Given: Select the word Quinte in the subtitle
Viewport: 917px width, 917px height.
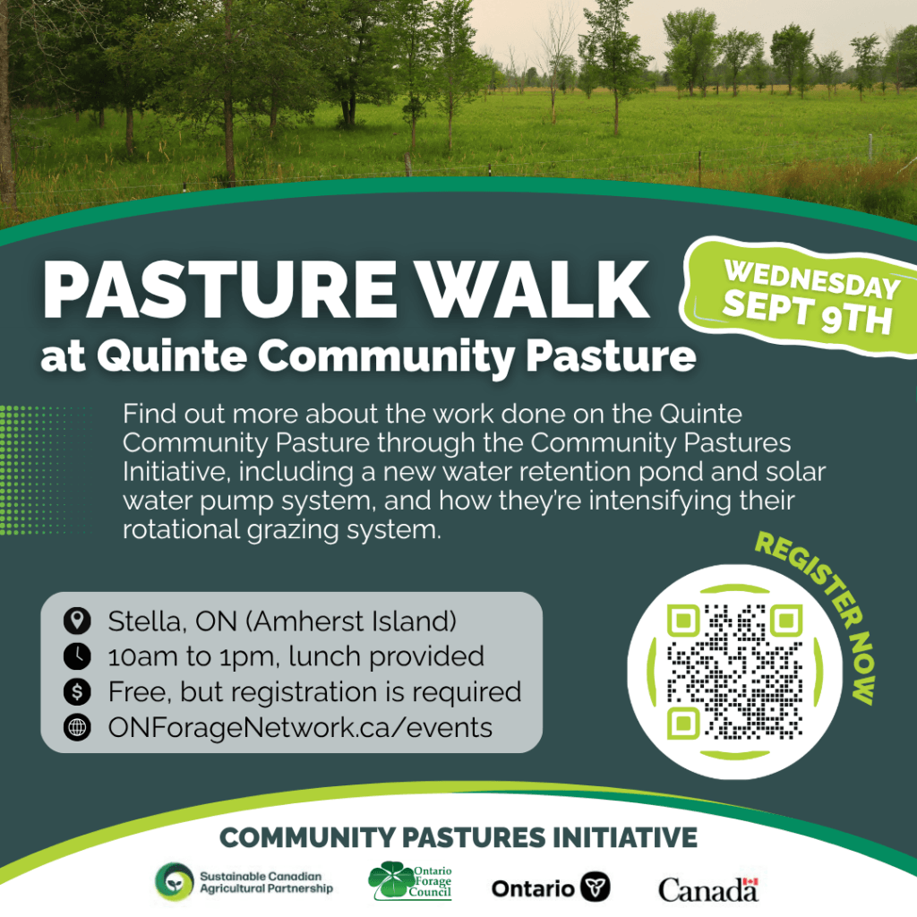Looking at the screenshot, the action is click(172, 355).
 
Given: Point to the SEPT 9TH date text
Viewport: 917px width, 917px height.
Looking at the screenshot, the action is click(807, 314).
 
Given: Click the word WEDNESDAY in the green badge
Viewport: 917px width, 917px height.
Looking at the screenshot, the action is click(812, 279).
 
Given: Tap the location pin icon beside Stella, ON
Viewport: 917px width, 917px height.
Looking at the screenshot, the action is click(77, 621).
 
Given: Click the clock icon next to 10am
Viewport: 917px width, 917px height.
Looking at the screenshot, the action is click(77, 656).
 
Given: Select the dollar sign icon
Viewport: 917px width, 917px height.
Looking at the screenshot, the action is click(77, 692).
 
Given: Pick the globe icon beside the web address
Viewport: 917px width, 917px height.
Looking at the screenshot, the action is click(77, 727).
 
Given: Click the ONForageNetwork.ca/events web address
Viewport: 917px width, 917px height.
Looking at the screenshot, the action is click(300, 728).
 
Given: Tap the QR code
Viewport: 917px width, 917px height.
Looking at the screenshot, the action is click(734, 672).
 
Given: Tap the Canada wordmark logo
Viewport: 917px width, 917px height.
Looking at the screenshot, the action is click(708, 890).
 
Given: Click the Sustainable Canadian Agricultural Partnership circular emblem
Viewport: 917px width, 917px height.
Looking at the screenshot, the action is click(174, 881).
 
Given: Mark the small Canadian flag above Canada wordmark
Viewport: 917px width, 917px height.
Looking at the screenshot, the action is click(751, 882).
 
